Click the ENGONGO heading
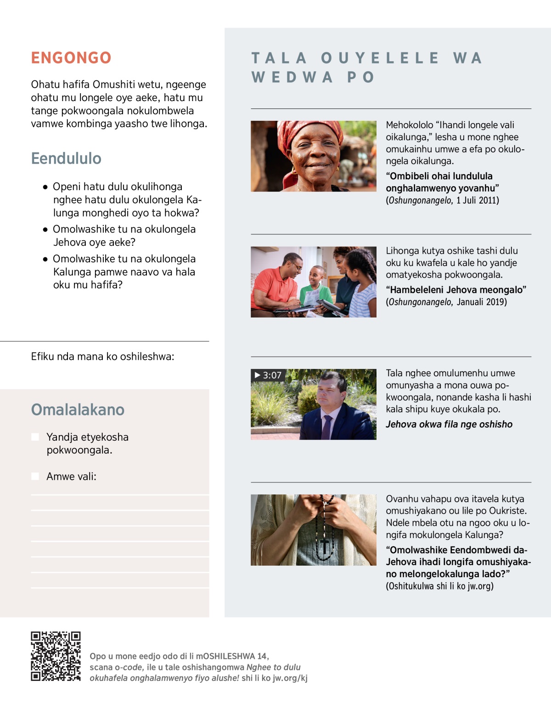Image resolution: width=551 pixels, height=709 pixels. [x=71, y=58]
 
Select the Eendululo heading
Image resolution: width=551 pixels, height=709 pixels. [x=66, y=159]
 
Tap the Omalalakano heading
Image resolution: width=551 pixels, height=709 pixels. [x=78, y=410]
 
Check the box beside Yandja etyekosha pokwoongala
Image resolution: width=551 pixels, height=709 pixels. [x=35, y=437]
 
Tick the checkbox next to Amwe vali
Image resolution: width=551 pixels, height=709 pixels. [x=35, y=476]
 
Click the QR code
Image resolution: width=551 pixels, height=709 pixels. [x=56, y=656]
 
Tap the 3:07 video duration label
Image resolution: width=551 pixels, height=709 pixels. [x=268, y=375]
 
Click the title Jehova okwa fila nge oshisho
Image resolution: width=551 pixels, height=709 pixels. [x=449, y=425]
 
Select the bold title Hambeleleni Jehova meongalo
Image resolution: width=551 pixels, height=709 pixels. [x=456, y=290]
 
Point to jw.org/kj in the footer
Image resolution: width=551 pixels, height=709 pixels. [x=290, y=678]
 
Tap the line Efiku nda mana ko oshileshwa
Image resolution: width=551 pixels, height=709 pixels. [x=102, y=357]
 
